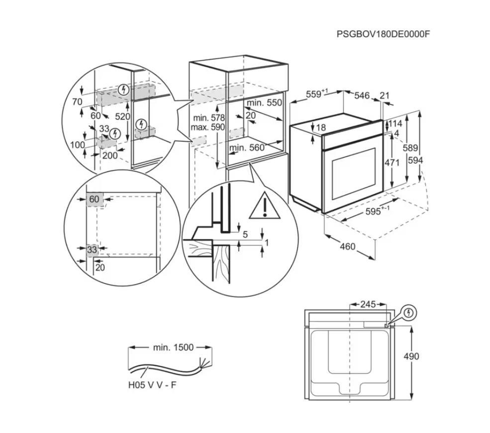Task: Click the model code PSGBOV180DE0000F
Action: pyautogui.click(x=383, y=34)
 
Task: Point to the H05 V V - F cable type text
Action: pyautogui.click(x=152, y=385)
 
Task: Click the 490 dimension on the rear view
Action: pyautogui.click(x=411, y=356)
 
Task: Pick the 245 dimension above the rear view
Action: pyautogui.click(x=368, y=304)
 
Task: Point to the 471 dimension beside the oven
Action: pyautogui.click(x=392, y=163)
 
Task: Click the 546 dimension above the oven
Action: pyautogui.click(x=362, y=95)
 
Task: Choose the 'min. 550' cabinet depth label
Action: pyautogui.click(x=264, y=103)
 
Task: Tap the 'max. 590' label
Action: pyautogui.click(x=208, y=127)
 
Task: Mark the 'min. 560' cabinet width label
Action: pyautogui.click(x=247, y=148)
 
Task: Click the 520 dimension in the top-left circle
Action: pyautogui.click(x=122, y=117)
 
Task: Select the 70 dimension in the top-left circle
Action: pyautogui.click(x=77, y=102)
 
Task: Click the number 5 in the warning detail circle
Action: pyautogui.click(x=245, y=234)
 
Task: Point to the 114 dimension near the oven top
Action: pyautogui.click(x=395, y=124)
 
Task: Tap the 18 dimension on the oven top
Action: pyautogui.click(x=321, y=128)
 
